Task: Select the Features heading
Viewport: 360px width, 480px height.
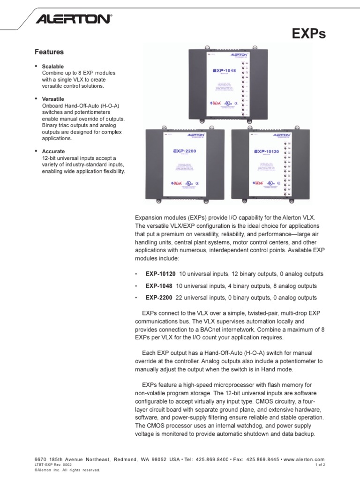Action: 50,52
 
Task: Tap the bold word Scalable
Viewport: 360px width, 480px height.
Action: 52,67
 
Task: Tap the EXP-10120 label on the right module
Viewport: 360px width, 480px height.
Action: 267,151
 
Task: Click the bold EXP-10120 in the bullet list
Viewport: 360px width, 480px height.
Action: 160,274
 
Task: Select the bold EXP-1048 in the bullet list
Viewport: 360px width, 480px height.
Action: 159,286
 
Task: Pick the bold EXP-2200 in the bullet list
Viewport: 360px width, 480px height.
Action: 159,298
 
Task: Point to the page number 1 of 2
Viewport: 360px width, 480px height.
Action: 319,465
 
